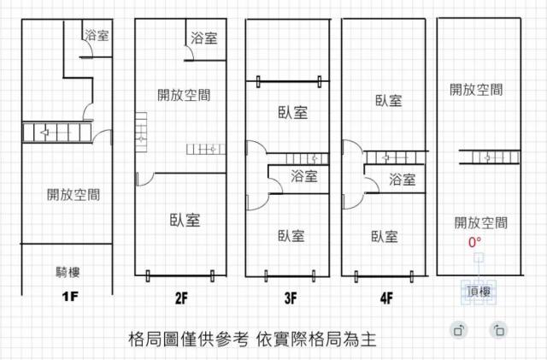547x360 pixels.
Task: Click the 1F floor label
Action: click(71, 298)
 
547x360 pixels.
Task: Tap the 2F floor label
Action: click(180, 298)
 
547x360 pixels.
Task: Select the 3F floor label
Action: click(290, 298)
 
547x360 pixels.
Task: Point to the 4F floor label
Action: click(386, 298)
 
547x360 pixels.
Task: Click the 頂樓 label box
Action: click(479, 291)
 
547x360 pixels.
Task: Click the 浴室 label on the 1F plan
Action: click(96, 36)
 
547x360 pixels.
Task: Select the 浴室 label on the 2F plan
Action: click(203, 38)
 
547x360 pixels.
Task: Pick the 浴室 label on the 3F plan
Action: click(304, 177)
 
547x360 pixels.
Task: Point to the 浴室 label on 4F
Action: click(402, 180)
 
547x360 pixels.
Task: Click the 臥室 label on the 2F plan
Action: click(184, 220)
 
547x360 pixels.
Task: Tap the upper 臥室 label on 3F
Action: click(292, 112)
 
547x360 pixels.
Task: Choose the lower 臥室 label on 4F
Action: click(384, 236)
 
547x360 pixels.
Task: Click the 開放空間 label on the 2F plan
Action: click(184, 95)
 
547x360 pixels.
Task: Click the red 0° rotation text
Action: click(474, 242)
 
